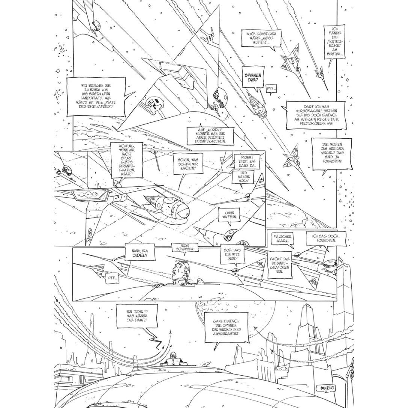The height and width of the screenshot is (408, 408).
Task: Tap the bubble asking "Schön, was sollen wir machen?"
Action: tap(190, 164)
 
